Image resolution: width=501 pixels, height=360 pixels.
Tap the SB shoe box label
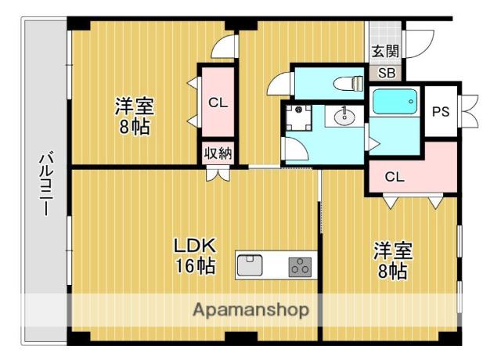click(386, 74)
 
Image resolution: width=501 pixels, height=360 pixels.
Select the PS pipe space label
click(441, 110)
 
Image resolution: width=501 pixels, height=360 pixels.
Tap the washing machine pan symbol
click(297, 117)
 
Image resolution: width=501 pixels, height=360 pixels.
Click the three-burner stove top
click(300, 266)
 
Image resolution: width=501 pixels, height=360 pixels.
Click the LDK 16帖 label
click(194, 255)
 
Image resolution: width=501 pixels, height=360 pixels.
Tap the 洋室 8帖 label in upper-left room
click(135, 116)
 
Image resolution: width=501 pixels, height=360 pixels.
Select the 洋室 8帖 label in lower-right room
click(391, 261)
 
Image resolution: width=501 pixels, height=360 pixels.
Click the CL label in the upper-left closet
click(218, 101)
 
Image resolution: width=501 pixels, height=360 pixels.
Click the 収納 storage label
click(218, 153)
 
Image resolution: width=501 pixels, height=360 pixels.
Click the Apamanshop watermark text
click(250, 309)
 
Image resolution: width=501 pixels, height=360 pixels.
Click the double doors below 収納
click(218, 174)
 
